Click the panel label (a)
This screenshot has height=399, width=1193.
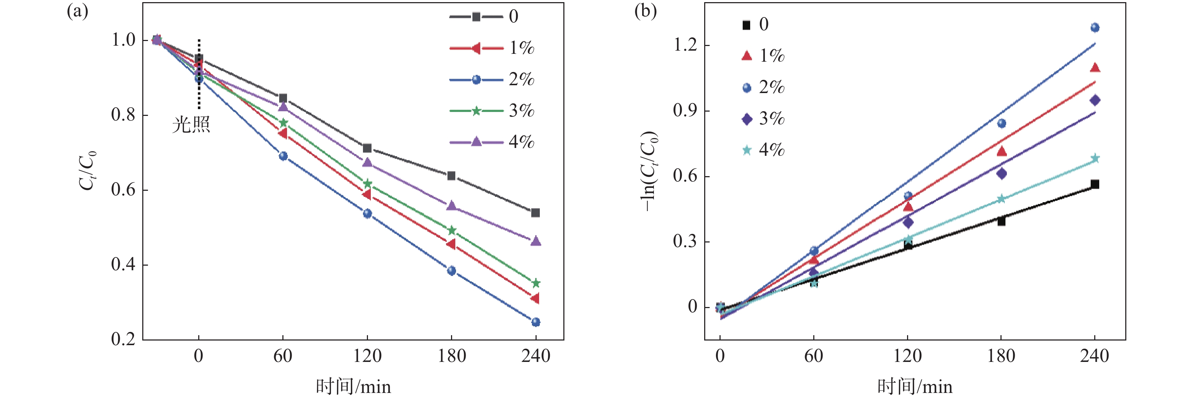[77, 11]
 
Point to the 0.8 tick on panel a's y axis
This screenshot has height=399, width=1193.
[123, 115]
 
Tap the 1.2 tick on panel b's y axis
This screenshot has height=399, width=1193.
[685, 45]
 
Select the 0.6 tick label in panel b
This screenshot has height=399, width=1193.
[685, 176]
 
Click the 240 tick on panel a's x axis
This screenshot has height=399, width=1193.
[536, 356]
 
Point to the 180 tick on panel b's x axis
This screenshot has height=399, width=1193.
[1001, 356]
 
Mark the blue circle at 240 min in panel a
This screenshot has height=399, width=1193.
[536, 322]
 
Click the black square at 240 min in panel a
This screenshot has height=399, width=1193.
[536, 213]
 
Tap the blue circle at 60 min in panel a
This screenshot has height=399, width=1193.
[283, 156]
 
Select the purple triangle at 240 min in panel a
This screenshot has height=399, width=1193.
[536, 241]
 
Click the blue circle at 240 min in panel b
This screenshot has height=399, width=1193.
[1095, 28]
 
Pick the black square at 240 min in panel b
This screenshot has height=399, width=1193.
[1095, 184]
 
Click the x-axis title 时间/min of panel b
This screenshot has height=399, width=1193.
[915, 387]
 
